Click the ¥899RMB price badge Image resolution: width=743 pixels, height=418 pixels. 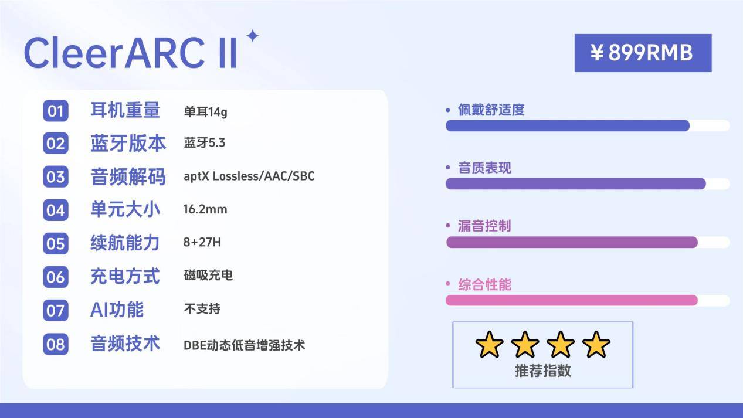(x=643, y=53)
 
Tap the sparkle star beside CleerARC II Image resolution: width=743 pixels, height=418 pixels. (x=252, y=36)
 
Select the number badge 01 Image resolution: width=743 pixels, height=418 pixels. (x=56, y=111)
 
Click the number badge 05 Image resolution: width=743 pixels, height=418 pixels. (x=56, y=243)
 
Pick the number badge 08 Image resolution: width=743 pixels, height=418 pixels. (x=56, y=344)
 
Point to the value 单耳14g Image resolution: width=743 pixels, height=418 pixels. (x=205, y=111)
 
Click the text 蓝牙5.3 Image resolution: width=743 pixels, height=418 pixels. (x=204, y=143)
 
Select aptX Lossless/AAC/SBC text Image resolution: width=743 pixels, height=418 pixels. (x=249, y=176)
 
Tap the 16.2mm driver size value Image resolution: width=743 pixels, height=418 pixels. (x=205, y=209)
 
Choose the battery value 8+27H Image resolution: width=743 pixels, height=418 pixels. (x=202, y=242)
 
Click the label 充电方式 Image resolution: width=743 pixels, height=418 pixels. (x=125, y=276)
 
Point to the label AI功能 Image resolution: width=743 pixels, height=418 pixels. (x=117, y=309)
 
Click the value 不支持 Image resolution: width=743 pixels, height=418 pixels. (x=202, y=308)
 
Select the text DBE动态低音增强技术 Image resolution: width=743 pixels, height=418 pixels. (x=244, y=345)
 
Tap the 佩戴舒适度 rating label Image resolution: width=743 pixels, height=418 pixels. (x=491, y=110)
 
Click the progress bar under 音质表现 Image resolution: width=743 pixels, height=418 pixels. (x=575, y=183)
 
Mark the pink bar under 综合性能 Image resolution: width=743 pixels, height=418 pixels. (x=572, y=300)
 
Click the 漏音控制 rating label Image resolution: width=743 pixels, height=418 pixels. (x=484, y=226)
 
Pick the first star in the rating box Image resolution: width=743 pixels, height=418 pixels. (x=489, y=345)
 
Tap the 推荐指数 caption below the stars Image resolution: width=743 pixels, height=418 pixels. (x=542, y=371)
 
